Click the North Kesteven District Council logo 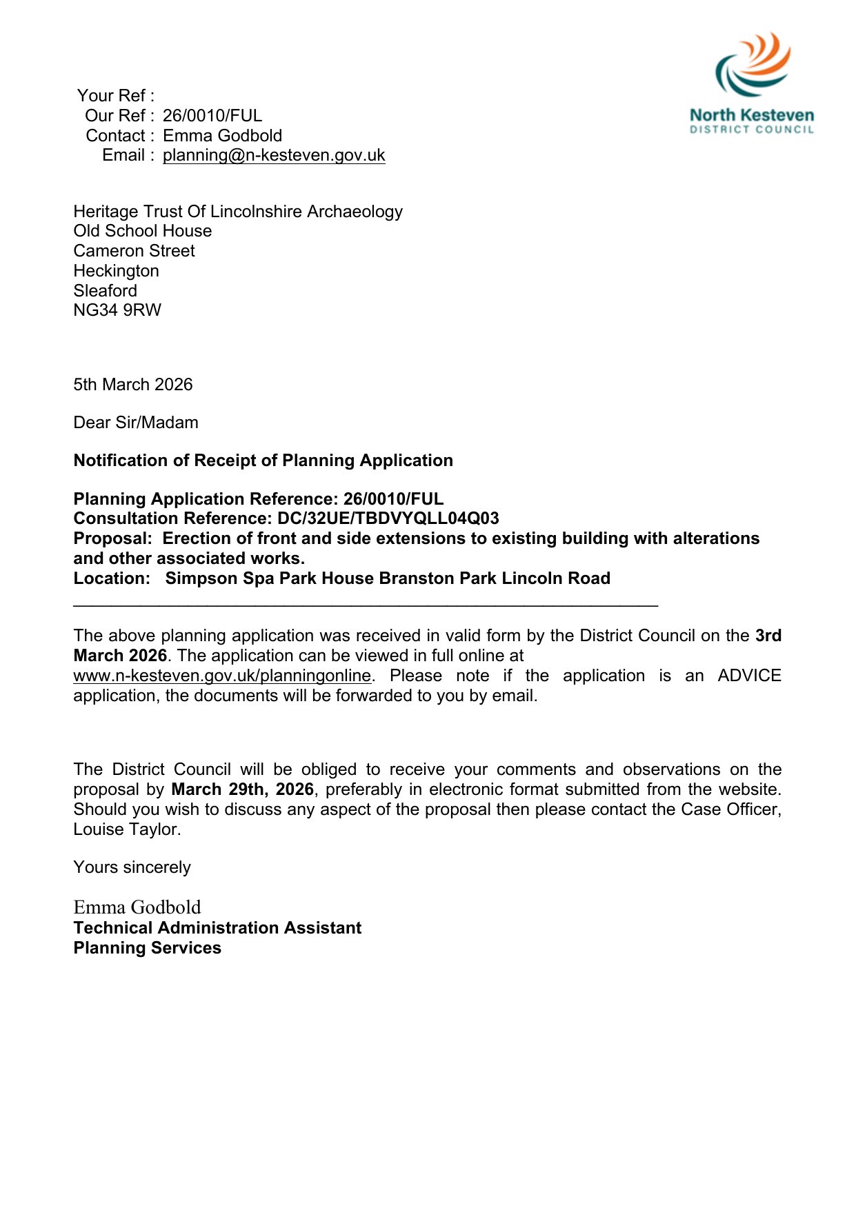tap(752, 83)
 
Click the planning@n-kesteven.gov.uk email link tap(274, 155)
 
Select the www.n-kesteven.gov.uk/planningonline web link tap(222, 676)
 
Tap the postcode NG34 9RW tap(117, 310)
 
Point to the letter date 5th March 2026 tap(133, 385)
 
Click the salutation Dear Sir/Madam tap(136, 423)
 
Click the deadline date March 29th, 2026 tap(242, 789)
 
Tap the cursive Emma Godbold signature tap(137, 907)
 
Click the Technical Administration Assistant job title tap(217, 928)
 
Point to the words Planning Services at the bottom tap(148, 948)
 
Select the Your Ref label tap(115, 96)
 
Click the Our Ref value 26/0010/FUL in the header tap(212, 116)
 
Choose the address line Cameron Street tap(135, 251)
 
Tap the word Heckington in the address tap(117, 271)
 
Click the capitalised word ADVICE tap(749, 676)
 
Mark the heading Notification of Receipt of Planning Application tap(263, 461)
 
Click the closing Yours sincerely tap(132, 867)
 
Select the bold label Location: tap(112, 578)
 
